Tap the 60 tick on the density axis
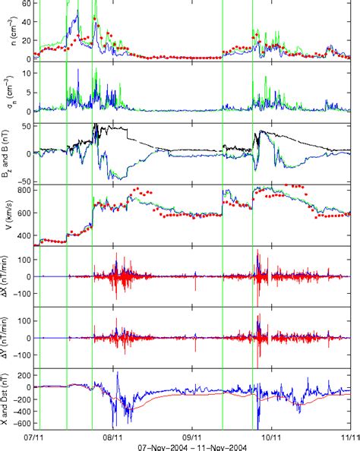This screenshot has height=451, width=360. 24,4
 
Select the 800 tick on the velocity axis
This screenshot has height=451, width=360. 23,190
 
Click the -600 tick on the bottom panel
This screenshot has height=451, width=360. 21,424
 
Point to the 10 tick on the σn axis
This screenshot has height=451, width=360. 24,73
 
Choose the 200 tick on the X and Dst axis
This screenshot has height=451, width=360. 23,374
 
